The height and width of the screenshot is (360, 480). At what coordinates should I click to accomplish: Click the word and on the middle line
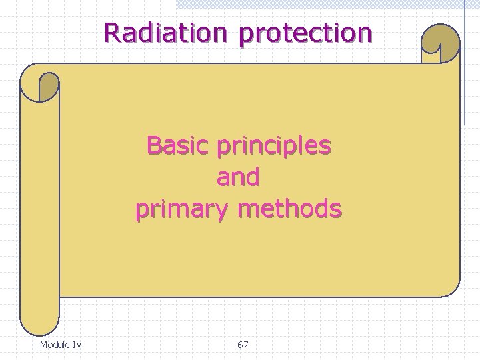[238, 177]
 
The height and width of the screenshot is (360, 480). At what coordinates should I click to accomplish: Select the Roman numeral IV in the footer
[77, 345]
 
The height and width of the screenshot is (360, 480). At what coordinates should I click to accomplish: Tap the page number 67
[243, 345]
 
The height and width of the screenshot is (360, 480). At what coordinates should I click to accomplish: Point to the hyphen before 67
[233, 345]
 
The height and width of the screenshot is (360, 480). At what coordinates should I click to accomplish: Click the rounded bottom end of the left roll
[39, 327]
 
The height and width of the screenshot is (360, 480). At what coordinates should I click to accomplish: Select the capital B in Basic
[154, 145]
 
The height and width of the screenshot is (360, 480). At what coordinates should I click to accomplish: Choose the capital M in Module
[43, 345]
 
